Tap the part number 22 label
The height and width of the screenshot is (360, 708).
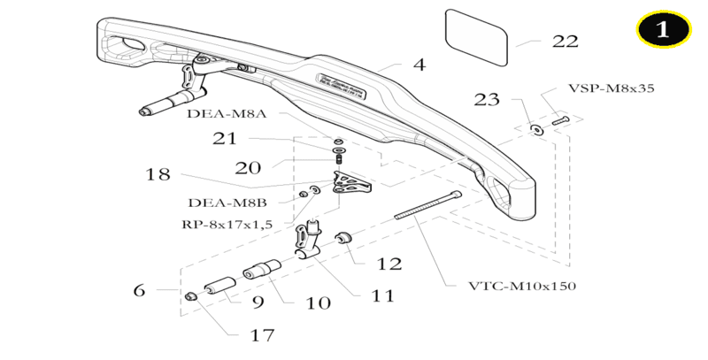564,42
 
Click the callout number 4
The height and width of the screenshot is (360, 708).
419,65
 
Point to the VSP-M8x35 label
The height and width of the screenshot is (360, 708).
610,89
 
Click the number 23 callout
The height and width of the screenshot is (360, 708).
487,99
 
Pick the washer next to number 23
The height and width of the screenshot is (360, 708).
535,128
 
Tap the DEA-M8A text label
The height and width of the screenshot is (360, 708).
228,114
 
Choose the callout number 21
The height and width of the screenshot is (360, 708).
225,138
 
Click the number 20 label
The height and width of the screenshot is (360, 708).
249,167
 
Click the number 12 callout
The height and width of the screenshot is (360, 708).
389,264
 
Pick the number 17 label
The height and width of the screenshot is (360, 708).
263,335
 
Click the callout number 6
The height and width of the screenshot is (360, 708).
139,289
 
